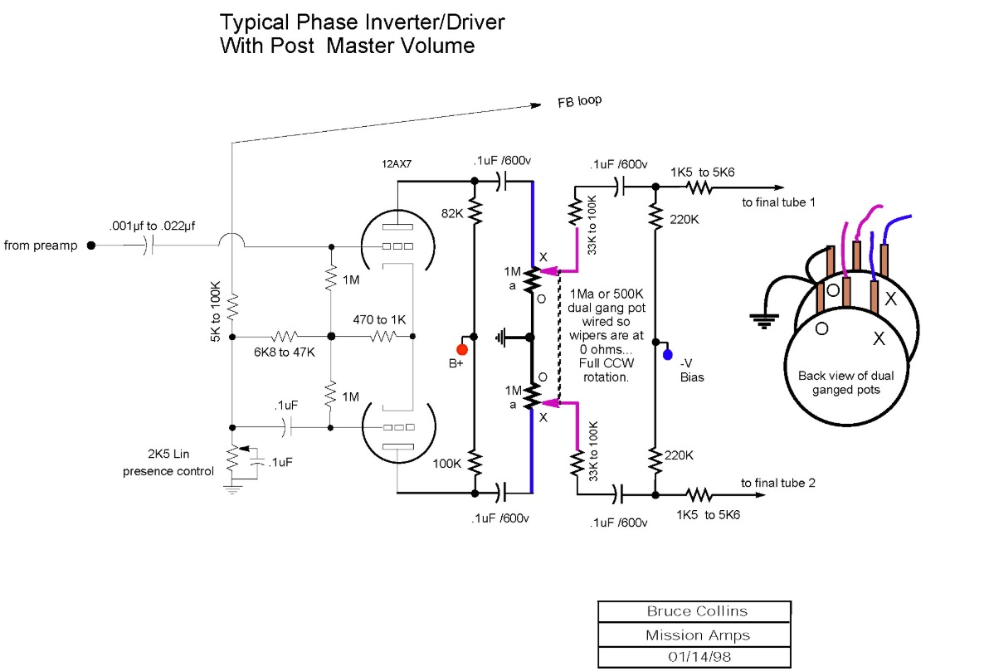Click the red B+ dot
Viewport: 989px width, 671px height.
[462, 348]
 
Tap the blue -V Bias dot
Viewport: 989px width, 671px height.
[667, 355]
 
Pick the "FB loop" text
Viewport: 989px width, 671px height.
[579, 102]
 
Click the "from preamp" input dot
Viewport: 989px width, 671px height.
[91, 246]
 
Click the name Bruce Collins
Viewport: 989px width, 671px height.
[697, 611]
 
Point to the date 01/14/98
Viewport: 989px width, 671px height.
[697, 657]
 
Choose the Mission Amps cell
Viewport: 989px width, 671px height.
[697, 635]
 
